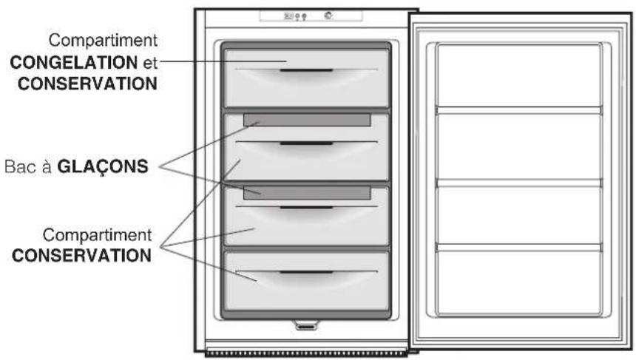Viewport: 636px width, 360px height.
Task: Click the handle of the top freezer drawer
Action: coord(306,71)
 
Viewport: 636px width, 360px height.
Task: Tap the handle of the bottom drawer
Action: coord(306,273)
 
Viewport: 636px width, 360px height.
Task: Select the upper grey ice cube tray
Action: coord(307,120)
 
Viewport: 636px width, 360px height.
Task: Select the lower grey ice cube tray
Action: coord(307,193)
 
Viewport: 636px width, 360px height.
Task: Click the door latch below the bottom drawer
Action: coord(305,324)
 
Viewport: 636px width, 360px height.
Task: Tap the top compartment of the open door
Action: coord(518,75)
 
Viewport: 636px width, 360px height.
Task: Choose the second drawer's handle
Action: coord(306,143)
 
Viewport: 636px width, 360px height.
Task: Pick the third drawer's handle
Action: coord(306,208)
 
